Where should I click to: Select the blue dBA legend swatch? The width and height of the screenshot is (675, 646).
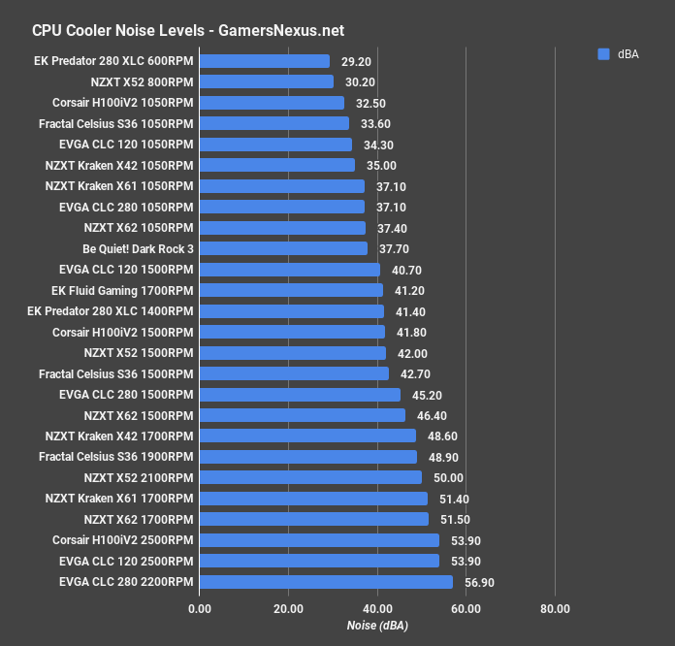pos(603,55)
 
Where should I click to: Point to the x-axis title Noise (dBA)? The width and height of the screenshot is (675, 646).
pos(377,627)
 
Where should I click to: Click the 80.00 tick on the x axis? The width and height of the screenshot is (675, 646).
pos(555,608)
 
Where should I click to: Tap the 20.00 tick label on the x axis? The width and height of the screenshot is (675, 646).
pos(288,608)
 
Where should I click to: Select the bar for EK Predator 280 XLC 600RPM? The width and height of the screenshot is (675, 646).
pos(264,61)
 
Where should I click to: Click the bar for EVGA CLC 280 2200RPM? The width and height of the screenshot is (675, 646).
pos(326,582)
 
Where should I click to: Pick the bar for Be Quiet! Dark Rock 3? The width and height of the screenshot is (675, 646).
pos(283,248)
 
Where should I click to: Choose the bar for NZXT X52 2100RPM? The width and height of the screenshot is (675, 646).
pos(310,477)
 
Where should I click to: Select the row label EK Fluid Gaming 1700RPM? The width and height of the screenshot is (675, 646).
pos(122,290)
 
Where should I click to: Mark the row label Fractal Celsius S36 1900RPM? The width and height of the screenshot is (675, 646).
pos(115,457)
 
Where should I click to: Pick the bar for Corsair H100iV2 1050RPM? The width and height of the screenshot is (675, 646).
pos(272,103)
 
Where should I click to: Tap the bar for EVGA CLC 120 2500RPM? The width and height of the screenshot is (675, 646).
pos(319,561)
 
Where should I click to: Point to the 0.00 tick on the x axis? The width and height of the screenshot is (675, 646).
pos(199,608)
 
